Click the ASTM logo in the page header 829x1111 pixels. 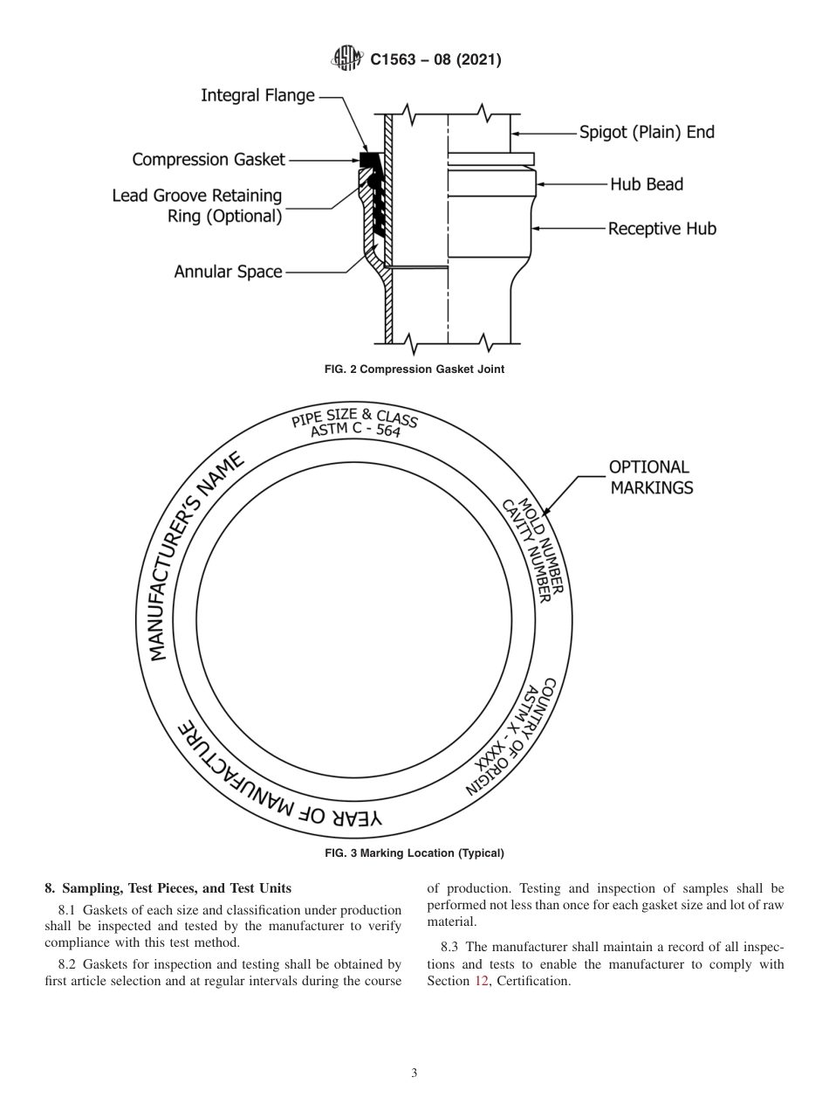click(x=347, y=60)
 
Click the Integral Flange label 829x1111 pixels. click(x=257, y=95)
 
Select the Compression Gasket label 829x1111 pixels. click(x=209, y=159)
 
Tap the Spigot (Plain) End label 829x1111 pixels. click(x=647, y=133)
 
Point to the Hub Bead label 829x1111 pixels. click(x=646, y=184)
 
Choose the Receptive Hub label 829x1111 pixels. click(x=661, y=229)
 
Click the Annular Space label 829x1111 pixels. click(x=228, y=272)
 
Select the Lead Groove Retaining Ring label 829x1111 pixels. click(x=197, y=206)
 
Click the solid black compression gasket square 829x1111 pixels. click(x=367, y=160)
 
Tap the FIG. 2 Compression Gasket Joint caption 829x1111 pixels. click(x=414, y=369)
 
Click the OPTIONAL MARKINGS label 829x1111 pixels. click(x=650, y=478)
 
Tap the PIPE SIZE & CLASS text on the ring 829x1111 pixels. click(x=355, y=422)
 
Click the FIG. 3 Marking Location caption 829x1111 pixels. click(x=414, y=853)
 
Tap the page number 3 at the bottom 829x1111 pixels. click(x=414, y=1073)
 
